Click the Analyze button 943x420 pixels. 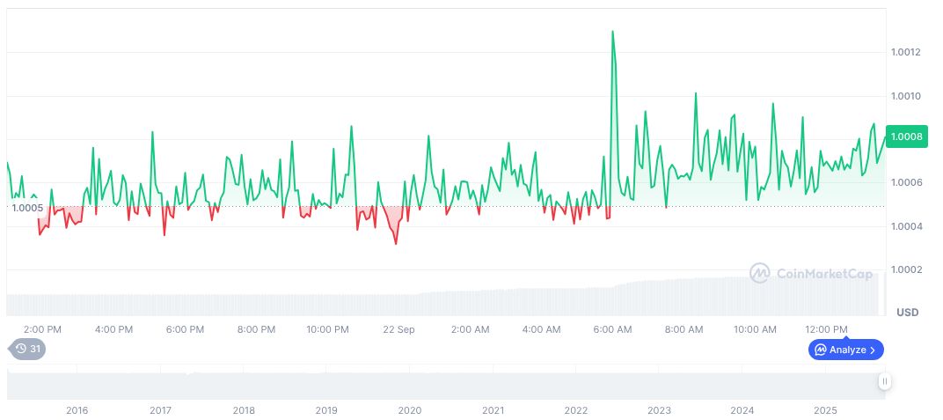[845, 350]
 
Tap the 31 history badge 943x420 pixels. [29, 349]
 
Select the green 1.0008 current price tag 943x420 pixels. [906, 136]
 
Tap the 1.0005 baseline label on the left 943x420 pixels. [26, 208]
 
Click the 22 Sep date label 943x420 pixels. [398, 329]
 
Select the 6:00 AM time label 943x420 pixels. [612, 329]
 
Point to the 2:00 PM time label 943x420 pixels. [42, 329]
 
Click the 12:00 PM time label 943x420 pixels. [827, 329]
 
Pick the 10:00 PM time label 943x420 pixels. [327, 329]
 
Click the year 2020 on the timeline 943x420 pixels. [409, 410]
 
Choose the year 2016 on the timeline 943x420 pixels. [77, 410]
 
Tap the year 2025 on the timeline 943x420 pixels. [825, 410]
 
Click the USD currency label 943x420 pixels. [907, 313]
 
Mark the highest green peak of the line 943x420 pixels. [612, 32]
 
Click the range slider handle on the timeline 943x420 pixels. [884, 381]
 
